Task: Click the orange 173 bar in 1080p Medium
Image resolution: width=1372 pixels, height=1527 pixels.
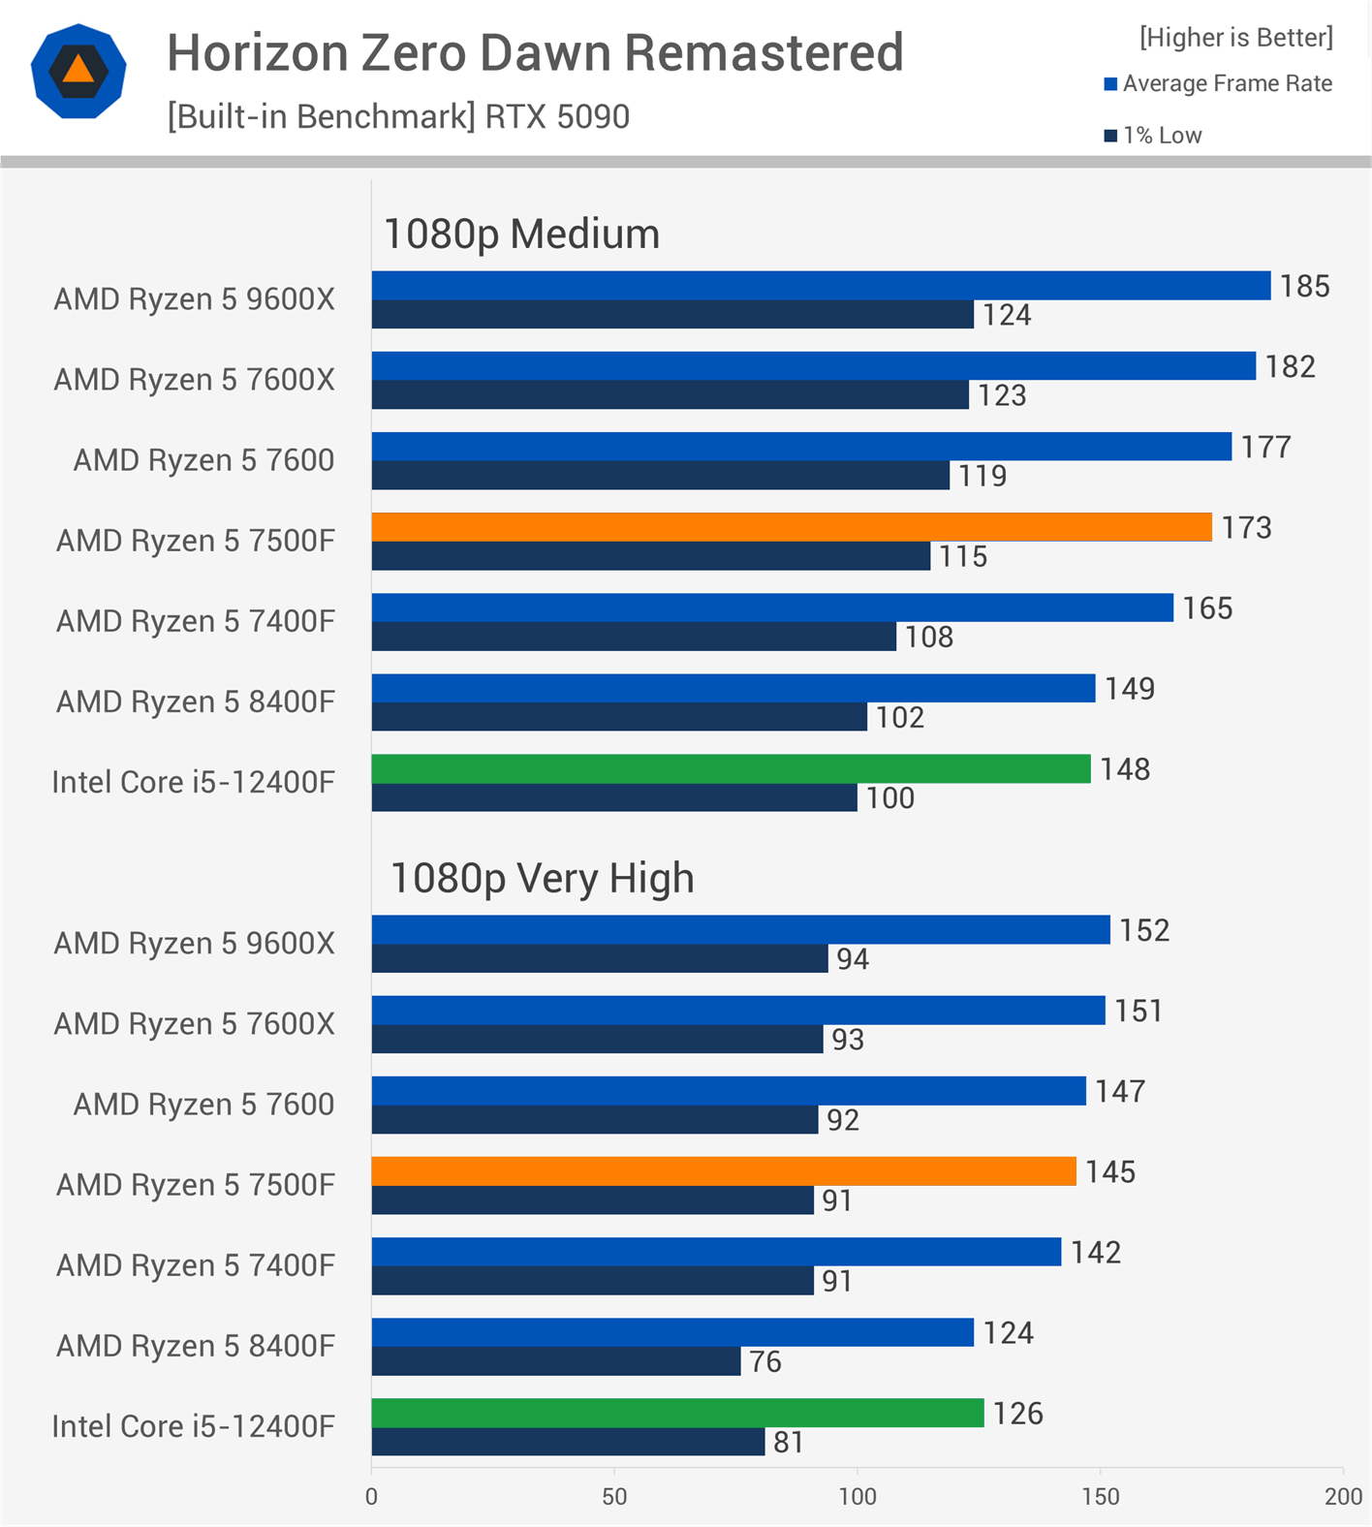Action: point(791,527)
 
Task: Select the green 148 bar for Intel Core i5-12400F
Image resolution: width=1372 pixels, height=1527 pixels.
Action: point(731,768)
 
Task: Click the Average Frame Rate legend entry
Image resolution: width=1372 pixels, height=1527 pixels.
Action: point(1218,83)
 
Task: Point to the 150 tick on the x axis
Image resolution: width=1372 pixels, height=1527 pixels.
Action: point(1100,1496)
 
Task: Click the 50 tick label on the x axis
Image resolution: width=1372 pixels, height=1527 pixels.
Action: point(614,1496)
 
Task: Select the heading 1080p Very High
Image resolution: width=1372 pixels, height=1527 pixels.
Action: point(542,878)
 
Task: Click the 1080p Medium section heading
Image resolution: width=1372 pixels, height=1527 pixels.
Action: point(521,234)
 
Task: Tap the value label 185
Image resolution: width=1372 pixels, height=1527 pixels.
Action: point(1304,286)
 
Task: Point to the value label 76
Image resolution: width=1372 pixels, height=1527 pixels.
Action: point(764,1361)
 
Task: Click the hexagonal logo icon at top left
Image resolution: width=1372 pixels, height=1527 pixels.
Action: point(78,71)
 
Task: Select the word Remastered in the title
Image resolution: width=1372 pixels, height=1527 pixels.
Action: point(764,52)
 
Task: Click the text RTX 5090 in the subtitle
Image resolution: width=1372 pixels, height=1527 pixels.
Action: point(557,116)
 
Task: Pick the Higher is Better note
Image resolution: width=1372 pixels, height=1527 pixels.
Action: point(1235,37)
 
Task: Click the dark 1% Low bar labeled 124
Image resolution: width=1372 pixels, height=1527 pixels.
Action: point(672,314)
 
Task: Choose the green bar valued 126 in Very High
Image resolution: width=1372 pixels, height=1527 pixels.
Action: point(677,1413)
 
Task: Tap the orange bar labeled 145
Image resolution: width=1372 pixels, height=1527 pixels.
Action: point(723,1171)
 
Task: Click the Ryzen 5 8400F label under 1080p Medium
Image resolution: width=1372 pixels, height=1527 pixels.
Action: point(195,701)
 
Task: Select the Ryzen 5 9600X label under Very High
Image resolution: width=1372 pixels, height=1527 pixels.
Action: point(194,943)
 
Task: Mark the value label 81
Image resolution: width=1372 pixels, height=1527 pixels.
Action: point(788,1442)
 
